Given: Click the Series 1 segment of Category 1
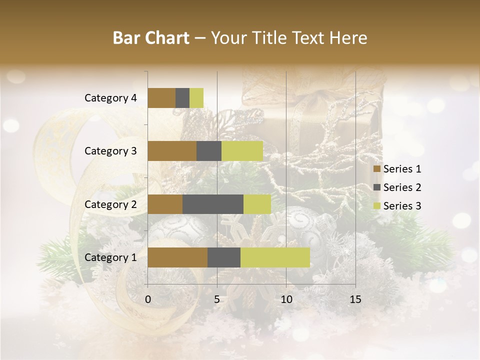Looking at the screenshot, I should (177, 257).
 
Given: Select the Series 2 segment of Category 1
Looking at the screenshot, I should (224, 257).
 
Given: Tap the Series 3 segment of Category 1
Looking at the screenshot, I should (275, 257).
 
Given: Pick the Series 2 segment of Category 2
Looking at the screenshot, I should (213, 204).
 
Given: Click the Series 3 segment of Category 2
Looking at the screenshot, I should (257, 204).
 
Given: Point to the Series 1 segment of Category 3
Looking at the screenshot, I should (172, 151).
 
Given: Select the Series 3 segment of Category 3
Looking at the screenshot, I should (242, 151).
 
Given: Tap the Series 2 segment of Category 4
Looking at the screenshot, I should (182, 98).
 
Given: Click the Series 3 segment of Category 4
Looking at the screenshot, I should (196, 98).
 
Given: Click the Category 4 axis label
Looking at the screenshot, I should (110, 98).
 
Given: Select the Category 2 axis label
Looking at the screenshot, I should (110, 204).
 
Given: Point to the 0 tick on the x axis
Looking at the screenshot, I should (148, 299).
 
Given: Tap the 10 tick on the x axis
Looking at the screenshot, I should (286, 299).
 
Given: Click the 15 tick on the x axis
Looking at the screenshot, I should (355, 299).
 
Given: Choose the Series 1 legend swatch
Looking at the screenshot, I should (376, 169).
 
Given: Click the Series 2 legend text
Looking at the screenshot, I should (402, 187).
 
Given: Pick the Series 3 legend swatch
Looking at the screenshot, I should (376, 206).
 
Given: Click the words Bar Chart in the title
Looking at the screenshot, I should (151, 38).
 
